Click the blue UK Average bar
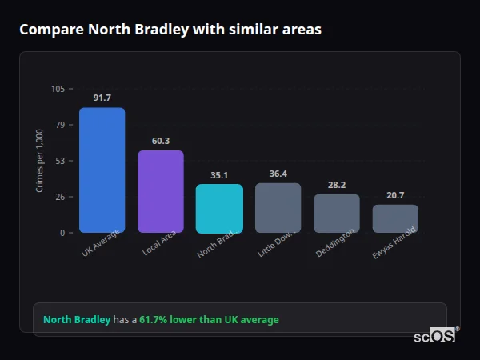click(102, 170)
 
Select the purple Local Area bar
click(161, 192)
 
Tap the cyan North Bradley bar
click(219, 209)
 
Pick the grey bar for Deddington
click(337, 214)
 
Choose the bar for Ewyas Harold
click(395, 219)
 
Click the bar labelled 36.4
click(278, 208)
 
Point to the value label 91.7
click(102, 98)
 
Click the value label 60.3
click(161, 141)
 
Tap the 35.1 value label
click(219, 175)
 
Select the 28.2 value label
click(337, 185)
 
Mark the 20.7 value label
click(395, 195)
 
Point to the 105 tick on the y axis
click(58, 89)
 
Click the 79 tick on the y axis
click(60, 125)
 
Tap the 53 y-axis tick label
click(60, 161)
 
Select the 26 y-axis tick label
click(60, 197)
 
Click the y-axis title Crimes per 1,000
click(40, 161)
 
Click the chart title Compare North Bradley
click(170, 30)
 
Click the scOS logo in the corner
click(435, 336)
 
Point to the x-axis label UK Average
click(101, 244)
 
